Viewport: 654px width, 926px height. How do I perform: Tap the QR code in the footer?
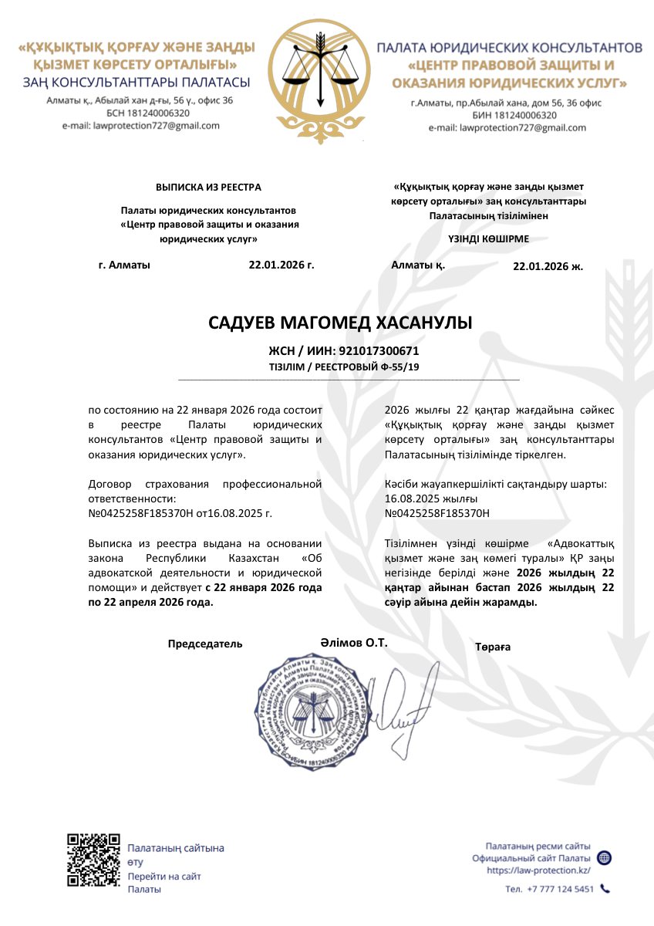[93, 860]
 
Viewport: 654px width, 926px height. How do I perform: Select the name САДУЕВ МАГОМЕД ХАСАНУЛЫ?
[340, 323]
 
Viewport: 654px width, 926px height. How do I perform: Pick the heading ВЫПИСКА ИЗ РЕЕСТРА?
[208, 187]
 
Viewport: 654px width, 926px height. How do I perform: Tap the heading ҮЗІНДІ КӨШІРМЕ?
[488, 238]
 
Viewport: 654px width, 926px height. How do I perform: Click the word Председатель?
[205, 644]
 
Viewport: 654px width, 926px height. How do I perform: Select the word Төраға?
[493, 647]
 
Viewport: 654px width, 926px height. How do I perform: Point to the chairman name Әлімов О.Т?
[354, 642]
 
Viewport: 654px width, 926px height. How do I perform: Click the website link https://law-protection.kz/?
[538, 870]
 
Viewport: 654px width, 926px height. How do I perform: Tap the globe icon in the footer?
[605, 858]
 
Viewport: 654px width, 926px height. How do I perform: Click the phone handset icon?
[605, 889]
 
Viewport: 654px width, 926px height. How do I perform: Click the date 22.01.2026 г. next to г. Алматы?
[281, 264]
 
